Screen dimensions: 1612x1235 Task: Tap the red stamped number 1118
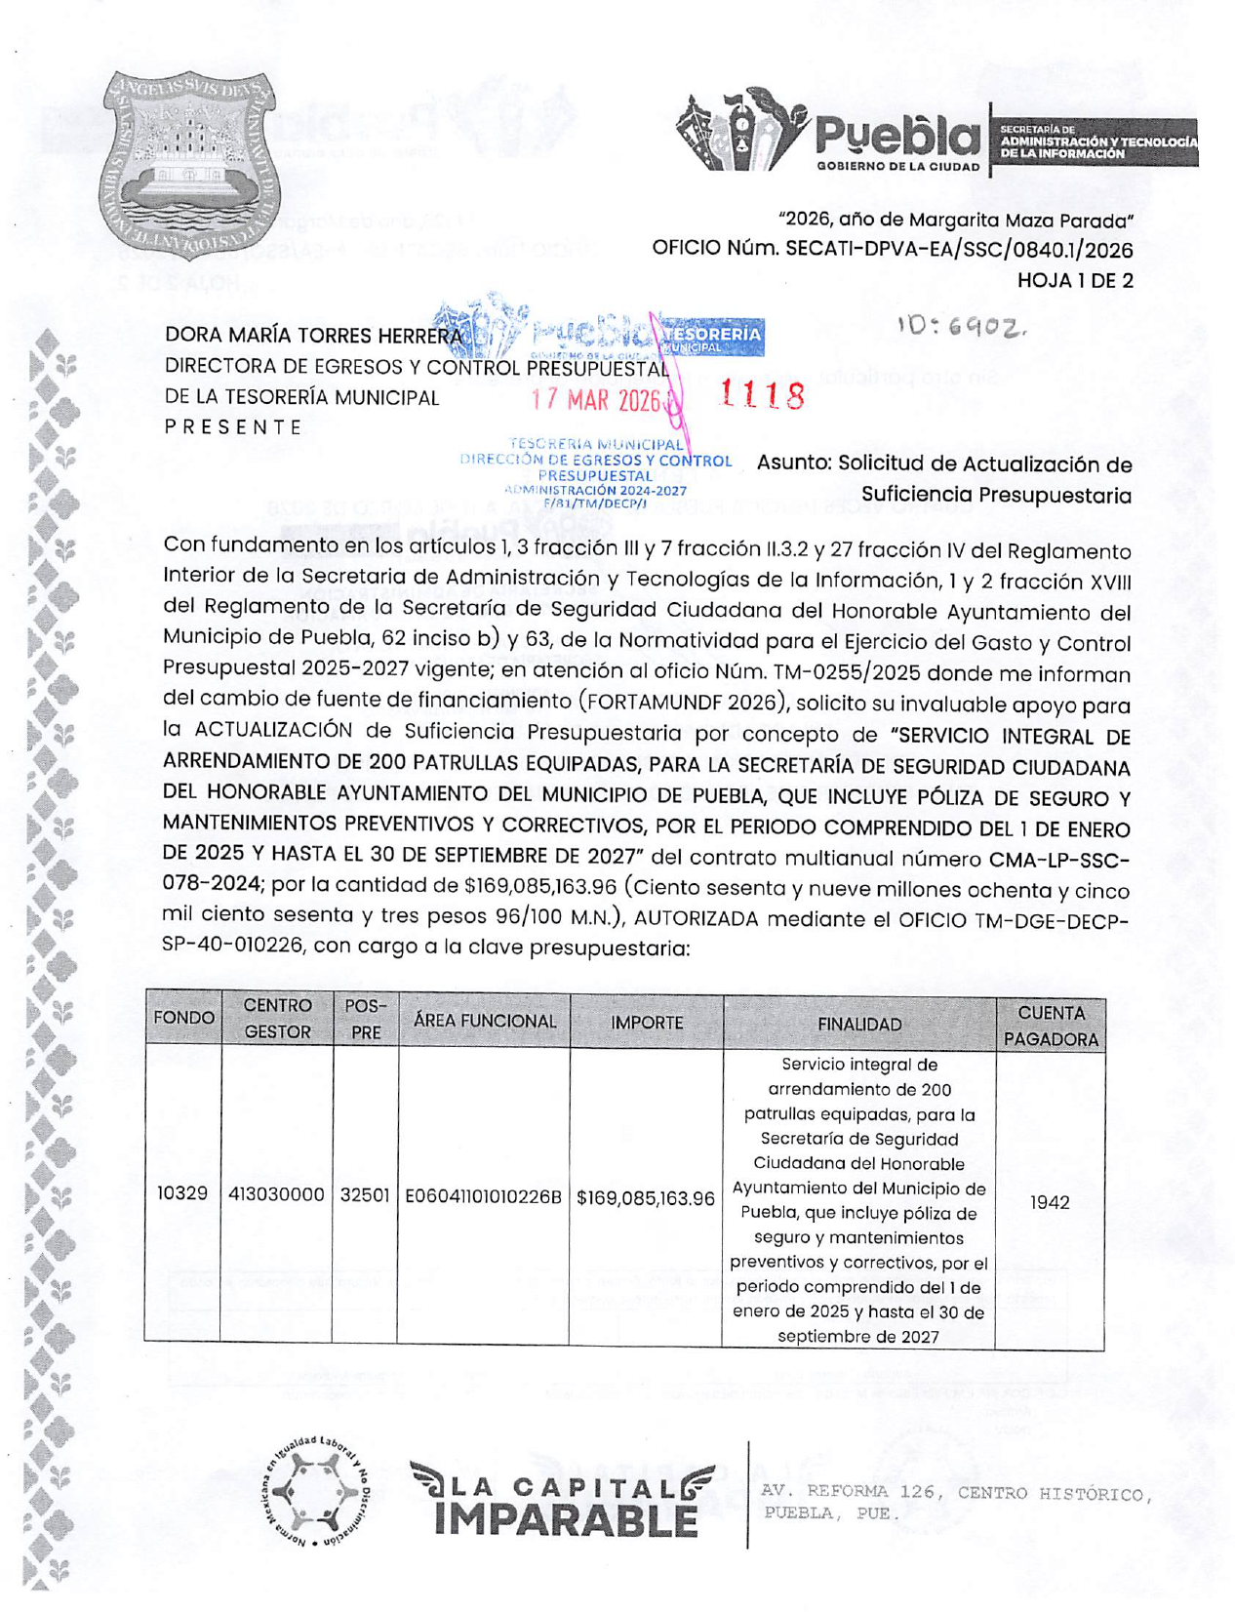point(762,395)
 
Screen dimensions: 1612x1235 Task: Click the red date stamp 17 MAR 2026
point(596,401)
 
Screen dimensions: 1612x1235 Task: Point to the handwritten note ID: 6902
point(962,330)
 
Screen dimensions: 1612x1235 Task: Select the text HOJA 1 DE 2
point(1075,281)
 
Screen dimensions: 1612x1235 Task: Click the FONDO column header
point(183,1019)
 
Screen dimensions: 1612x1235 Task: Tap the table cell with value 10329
point(182,1193)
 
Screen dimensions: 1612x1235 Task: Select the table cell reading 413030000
point(276,1194)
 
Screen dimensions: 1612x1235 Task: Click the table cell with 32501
point(365,1195)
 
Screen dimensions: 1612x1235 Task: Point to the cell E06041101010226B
point(484,1196)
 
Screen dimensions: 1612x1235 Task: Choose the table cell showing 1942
point(1050,1202)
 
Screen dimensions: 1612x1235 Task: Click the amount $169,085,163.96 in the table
point(646,1198)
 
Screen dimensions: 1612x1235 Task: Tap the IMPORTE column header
point(647,1023)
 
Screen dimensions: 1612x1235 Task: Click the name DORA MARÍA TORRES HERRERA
point(313,336)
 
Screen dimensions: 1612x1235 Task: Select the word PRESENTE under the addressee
point(233,427)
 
